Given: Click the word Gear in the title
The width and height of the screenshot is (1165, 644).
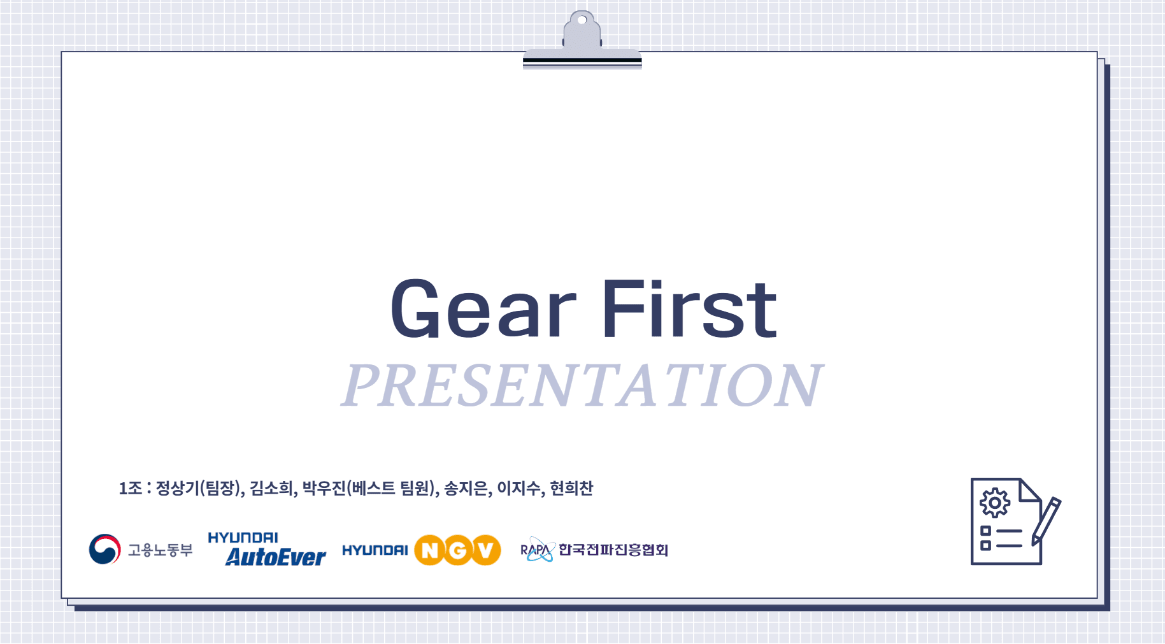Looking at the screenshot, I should [x=483, y=310].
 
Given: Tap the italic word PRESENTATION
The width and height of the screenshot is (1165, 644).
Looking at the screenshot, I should [x=582, y=385].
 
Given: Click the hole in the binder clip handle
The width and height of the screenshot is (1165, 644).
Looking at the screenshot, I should [x=582, y=20].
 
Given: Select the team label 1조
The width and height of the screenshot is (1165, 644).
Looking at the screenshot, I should [x=130, y=489].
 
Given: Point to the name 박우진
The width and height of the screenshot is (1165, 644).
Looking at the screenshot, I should [x=324, y=489].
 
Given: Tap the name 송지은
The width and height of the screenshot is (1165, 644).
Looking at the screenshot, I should [x=466, y=489].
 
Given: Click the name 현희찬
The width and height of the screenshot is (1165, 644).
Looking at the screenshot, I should [x=571, y=489].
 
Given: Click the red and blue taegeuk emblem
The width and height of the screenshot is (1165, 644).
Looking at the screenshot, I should [x=105, y=549].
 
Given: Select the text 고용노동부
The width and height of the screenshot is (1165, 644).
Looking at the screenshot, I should [x=160, y=550].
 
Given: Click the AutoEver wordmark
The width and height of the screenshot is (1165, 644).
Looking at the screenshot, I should [x=275, y=557].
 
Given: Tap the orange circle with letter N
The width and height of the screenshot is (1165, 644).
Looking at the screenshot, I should [x=430, y=550].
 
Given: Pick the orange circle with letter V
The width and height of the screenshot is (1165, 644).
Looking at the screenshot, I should [x=485, y=550].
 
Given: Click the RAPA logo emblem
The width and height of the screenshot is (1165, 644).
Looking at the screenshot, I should [x=537, y=550].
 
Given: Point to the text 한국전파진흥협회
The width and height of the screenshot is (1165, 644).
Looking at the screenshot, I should [x=613, y=550].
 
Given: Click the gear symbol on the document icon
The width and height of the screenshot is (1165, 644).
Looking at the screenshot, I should [x=994, y=503].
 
